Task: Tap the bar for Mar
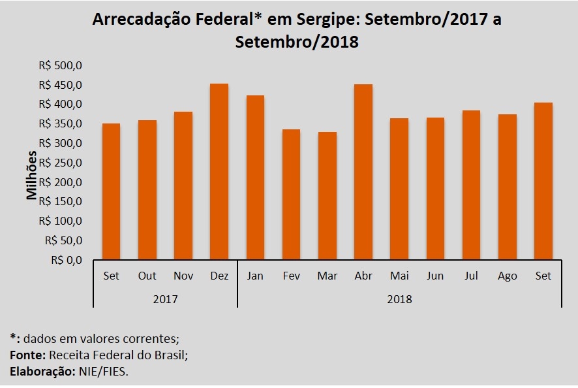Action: coord(327,196)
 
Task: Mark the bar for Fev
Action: coord(292,195)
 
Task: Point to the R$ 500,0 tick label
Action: coord(61,66)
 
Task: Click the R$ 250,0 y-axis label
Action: coord(61,163)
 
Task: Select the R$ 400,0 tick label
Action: coord(61,105)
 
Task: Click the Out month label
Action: coord(147,276)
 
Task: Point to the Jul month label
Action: coord(471,276)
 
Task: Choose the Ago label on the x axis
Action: coord(508,276)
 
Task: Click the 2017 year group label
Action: coord(165,299)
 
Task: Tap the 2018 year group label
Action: coord(399,299)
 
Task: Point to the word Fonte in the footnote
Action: coord(24,355)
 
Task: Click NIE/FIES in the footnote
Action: coord(110,370)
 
